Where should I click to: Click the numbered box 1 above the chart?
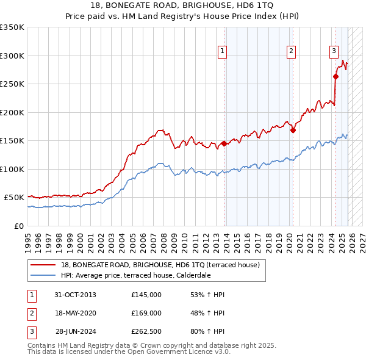coord(222,51)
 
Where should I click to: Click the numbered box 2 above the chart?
coord(292,51)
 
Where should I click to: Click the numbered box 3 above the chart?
coord(334,51)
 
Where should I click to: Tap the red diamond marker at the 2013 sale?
coord(224,143)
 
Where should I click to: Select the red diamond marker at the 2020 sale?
coord(293,130)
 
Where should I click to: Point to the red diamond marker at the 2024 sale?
coord(335,76)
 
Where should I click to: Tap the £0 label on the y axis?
coord(19,226)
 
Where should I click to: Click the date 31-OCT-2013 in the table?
coord(75,295)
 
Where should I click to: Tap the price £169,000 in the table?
coord(146,312)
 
